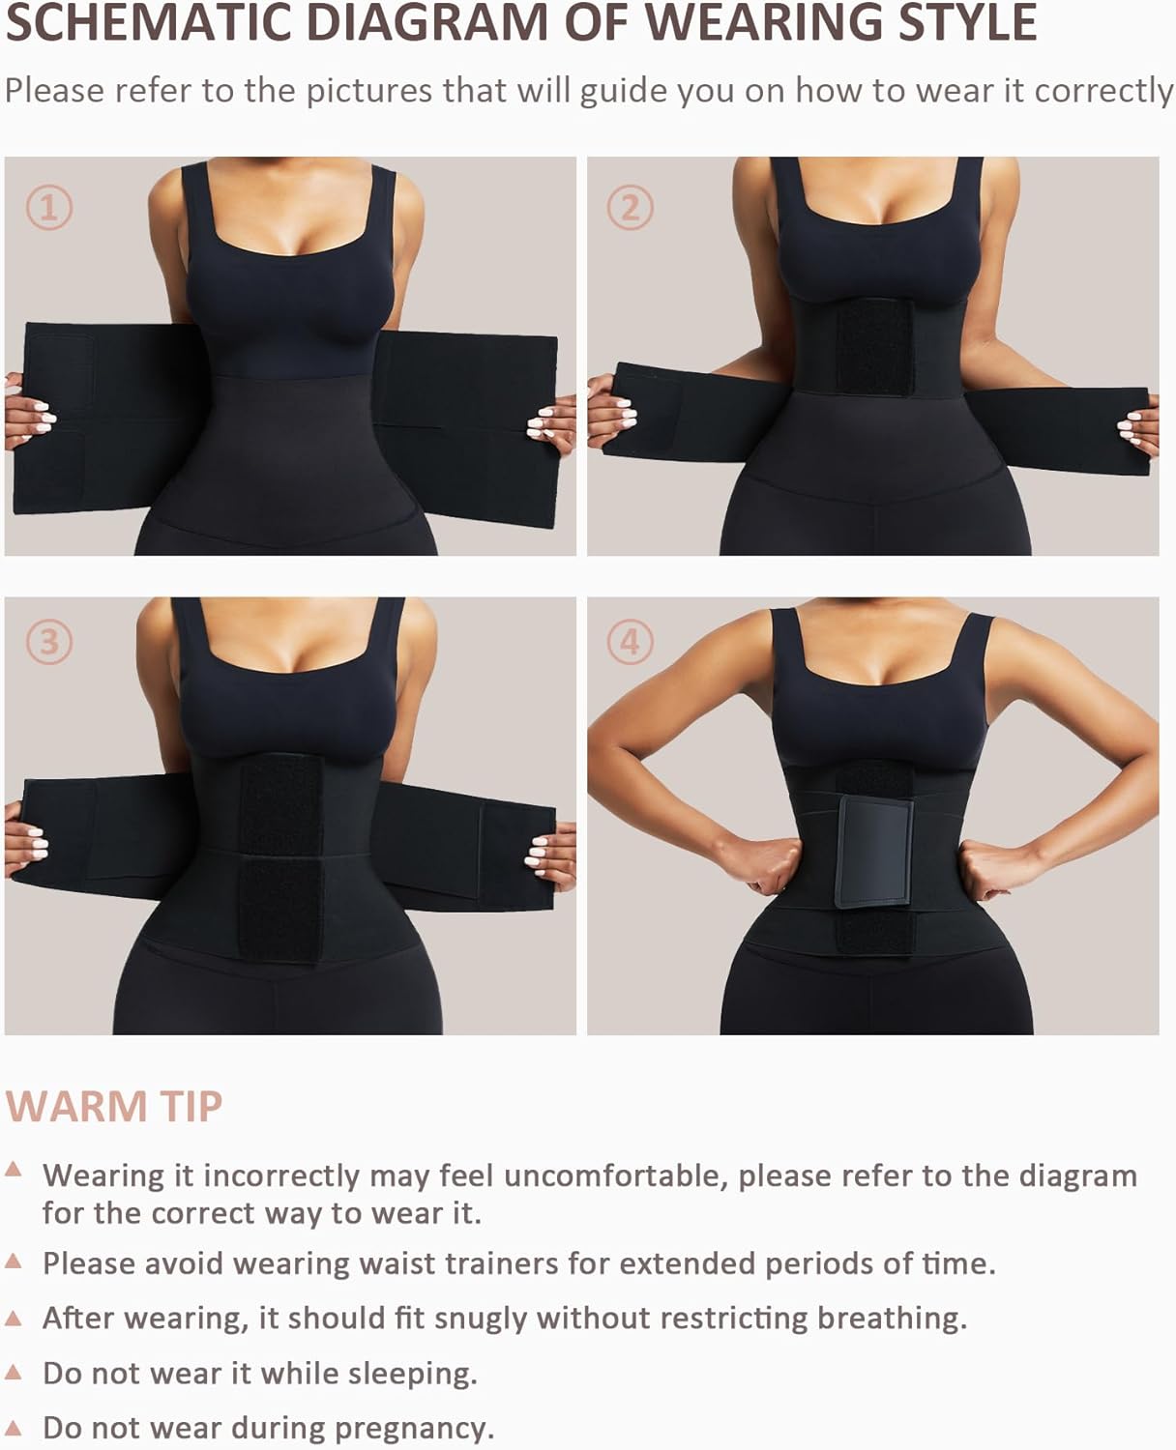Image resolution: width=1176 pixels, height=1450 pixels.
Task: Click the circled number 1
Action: tap(49, 207)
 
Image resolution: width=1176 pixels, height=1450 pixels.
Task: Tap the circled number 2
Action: tap(630, 207)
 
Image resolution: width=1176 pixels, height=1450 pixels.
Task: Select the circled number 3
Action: tap(49, 641)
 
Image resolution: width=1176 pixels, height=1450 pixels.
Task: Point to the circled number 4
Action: tap(630, 641)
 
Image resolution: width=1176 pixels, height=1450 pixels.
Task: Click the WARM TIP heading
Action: tap(114, 1106)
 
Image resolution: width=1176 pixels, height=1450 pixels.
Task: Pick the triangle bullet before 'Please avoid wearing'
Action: tap(13, 1261)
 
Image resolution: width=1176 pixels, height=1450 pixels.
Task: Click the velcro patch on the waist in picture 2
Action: tap(873, 346)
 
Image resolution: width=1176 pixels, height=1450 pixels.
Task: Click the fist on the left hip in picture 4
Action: tap(768, 865)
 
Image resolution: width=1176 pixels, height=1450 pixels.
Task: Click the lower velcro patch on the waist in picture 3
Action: tap(280, 910)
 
